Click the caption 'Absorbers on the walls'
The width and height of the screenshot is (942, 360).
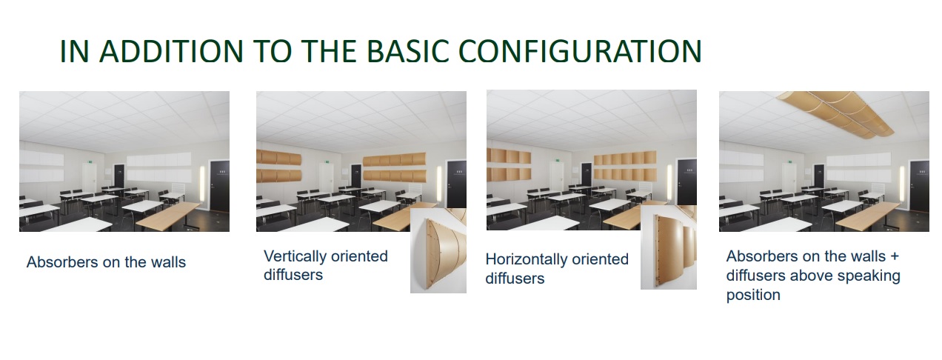point(106,262)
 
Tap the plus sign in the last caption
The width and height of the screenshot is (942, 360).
point(893,256)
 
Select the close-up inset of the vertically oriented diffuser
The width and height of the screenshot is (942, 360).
point(438,250)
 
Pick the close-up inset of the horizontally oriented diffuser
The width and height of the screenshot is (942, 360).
point(668,247)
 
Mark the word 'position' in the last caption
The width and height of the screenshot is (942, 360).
point(753,295)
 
